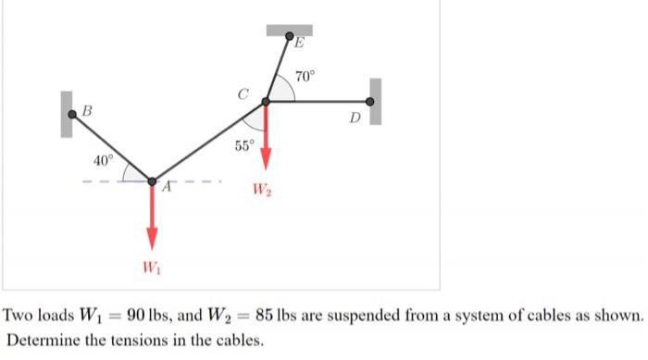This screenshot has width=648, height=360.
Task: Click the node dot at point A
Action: pyautogui.click(x=152, y=180)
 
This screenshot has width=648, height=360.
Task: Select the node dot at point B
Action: pyautogui.click(x=73, y=114)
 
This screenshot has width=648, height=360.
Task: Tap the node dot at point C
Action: pyautogui.click(x=266, y=102)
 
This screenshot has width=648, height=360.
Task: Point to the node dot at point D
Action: pyautogui.click(x=370, y=102)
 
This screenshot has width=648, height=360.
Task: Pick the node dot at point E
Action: pyautogui.click(x=289, y=38)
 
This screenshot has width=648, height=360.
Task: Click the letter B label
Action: pyautogui.click(x=88, y=110)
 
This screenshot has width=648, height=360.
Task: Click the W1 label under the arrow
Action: pyautogui.click(x=150, y=268)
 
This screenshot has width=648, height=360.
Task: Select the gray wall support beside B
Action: pyautogui.click(x=66, y=114)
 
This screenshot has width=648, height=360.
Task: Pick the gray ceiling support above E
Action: pyautogui.click(x=290, y=30)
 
